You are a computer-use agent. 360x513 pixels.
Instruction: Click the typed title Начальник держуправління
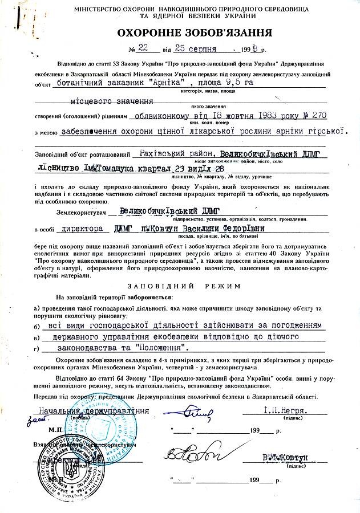(x=94, y=410)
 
